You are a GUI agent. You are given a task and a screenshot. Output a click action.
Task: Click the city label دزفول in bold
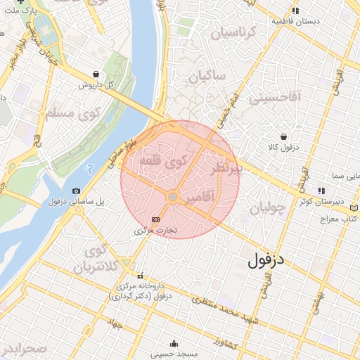click(x=268, y=260)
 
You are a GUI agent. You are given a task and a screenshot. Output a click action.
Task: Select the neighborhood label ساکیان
click(x=205, y=75)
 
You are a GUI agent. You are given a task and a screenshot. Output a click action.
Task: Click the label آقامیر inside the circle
click(x=202, y=200)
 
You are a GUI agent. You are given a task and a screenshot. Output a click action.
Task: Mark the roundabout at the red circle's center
click(x=172, y=198)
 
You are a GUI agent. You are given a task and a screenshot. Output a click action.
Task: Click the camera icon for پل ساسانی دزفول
click(x=76, y=191)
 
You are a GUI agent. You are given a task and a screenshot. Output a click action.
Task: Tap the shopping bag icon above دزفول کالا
click(x=283, y=136)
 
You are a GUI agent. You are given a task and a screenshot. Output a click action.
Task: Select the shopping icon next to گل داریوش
click(x=96, y=74)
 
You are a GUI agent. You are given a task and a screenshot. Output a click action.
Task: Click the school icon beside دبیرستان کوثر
click(x=321, y=190)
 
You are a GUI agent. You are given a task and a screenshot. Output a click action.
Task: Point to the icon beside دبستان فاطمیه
click(x=295, y=11)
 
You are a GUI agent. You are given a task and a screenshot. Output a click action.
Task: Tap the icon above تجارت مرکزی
click(x=155, y=219)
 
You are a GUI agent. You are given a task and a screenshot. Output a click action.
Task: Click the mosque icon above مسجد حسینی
click(x=174, y=344)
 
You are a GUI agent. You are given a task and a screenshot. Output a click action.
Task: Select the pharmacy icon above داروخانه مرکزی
click(x=141, y=276)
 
